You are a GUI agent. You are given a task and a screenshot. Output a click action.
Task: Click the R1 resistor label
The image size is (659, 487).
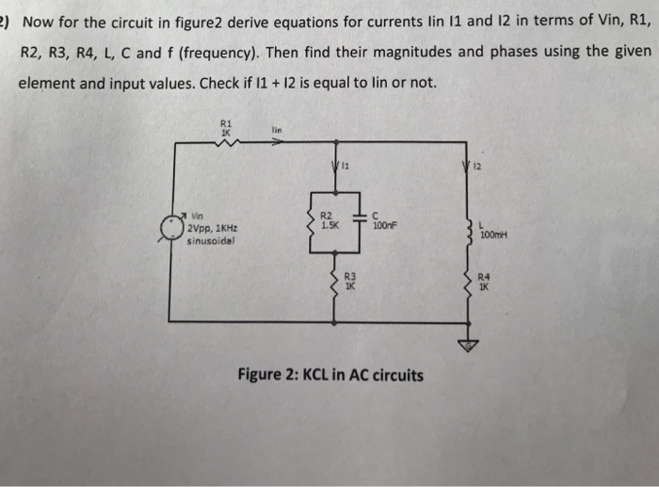tap(224, 124)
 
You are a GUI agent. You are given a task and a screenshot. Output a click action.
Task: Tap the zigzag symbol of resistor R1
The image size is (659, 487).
tap(226, 142)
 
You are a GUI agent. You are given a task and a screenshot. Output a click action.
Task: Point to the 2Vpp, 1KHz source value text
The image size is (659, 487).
tap(211, 229)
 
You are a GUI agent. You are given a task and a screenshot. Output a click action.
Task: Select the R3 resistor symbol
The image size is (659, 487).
tap(333, 281)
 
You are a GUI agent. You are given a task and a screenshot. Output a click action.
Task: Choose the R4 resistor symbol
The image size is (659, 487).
tap(467, 280)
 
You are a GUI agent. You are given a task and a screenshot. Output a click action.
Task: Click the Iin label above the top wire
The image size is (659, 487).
tap(276, 131)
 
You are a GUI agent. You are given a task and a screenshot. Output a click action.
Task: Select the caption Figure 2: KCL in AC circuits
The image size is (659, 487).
tap(330, 375)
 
